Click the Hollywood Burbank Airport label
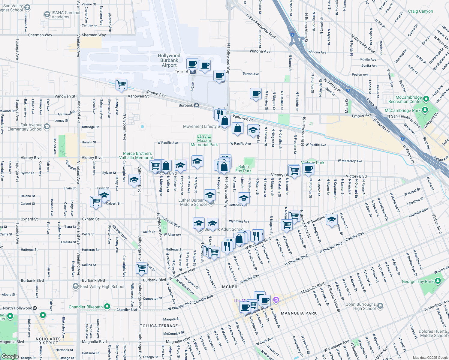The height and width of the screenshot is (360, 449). click(169, 60)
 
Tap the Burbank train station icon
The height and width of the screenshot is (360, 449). click(197, 105)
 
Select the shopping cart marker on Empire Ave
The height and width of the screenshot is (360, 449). click(121, 84)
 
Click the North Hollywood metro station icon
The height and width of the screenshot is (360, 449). click(35, 308)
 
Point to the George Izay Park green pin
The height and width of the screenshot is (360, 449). click(438, 281)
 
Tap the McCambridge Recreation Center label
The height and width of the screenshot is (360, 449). click(405, 99)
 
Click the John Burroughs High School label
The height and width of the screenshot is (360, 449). click(361, 306)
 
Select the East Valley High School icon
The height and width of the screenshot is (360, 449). click(76, 286)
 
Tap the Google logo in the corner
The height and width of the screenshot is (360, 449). click(10, 356)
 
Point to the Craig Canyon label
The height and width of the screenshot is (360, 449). click(420, 11)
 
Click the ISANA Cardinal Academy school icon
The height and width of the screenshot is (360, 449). click(47, 14)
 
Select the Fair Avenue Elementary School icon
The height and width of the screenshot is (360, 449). click(47, 127)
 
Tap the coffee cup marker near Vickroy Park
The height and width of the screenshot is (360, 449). click(308, 169)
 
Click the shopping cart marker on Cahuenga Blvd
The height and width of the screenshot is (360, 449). click(141, 268)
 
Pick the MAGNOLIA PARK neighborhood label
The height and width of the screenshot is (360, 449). click(299, 313)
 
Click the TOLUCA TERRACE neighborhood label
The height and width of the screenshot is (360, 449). click(159, 326)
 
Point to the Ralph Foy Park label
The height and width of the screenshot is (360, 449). click(243, 169)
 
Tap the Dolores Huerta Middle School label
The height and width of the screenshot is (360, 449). click(433, 333)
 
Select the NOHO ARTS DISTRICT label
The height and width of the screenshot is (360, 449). click(48, 341)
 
